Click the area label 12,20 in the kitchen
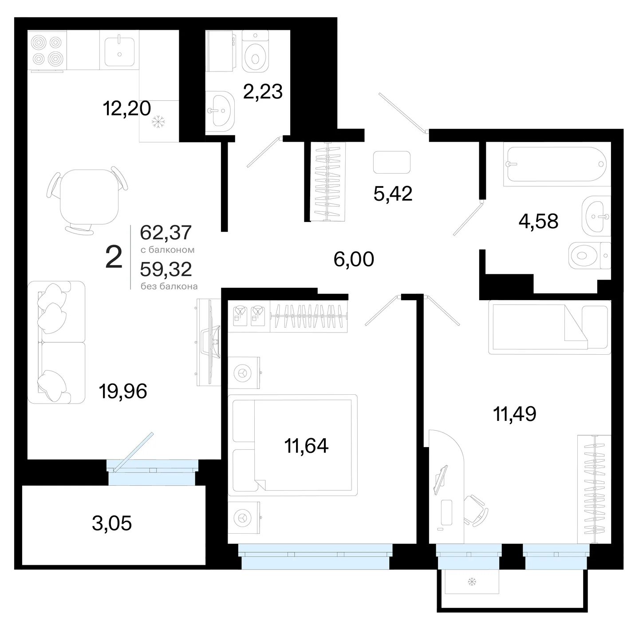pos(126,108)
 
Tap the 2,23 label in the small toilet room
pos(263,91)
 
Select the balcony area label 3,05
pos(112,523)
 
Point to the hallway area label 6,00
pos(354,259)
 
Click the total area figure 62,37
pos(166,232)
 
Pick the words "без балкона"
pos(169,286)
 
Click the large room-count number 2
pos(114,257)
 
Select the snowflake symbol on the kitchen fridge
pos(158,122)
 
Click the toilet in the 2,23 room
pos(255,51)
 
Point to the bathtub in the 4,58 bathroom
pos(557,164)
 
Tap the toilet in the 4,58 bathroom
pos(590,256)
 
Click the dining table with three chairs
pos(88,200)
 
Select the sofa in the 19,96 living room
pos(56,342)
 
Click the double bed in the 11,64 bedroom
pos(293,445)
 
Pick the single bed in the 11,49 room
pos(549,327)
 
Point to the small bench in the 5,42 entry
pos(392,162)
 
